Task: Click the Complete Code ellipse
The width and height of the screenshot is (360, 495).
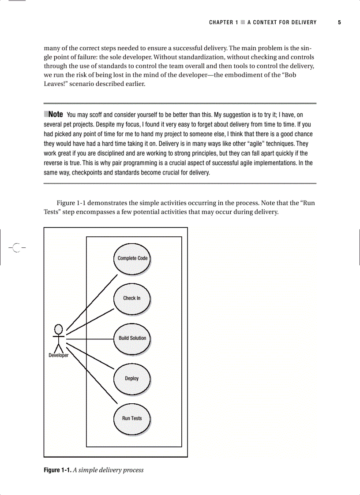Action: [x=132, y=258]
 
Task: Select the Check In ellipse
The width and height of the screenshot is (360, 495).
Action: [x=132, y=298]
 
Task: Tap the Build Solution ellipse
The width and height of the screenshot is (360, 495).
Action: [x=132, y=339]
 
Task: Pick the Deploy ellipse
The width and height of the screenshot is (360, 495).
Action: [x=132, y=379]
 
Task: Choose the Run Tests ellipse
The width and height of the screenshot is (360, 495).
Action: [x=132, y=418]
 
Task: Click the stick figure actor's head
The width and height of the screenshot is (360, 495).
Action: [x=58, y=328]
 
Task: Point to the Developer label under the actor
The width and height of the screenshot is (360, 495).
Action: [x=58, y=356]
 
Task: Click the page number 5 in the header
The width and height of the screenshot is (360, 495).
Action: [x=339, y=22]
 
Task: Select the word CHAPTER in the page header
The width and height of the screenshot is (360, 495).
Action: [x=221, y=22]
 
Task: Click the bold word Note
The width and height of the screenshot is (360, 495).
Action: [x=55, y=114]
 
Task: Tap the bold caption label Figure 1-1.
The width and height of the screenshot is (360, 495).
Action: [x=57, y=470]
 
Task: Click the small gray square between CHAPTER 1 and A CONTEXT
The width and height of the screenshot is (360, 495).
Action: [x=243, y=22]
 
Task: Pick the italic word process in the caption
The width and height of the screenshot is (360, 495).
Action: [x=133, y=470]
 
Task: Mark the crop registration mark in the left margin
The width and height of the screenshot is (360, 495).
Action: [x=17, y=248]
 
